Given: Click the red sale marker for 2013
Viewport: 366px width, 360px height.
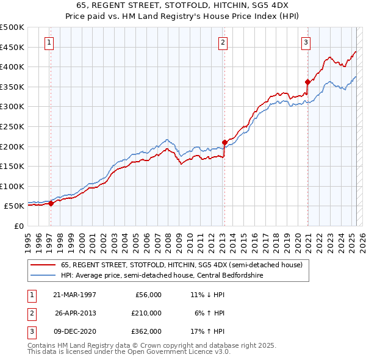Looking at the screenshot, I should click(224, 142).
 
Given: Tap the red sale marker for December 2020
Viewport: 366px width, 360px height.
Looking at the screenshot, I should click(307, 82).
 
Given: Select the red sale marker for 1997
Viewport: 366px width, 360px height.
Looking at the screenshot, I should click(51, 204).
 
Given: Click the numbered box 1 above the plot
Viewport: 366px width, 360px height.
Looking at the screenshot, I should click(48, 42).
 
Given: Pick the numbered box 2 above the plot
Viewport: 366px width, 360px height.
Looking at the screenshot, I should click(223, 42).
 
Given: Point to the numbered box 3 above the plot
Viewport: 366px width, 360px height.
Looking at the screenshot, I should click(305, 42).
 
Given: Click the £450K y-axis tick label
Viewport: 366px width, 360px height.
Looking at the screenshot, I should click(12, 47).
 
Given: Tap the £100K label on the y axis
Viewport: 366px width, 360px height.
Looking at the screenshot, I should click(12, 186).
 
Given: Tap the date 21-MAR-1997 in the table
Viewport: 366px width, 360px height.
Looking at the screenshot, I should click(75, 295).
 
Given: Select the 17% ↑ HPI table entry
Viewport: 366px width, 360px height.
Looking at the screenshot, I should click(207, 331).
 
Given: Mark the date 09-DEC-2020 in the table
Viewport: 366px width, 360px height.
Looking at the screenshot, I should click(75, 331).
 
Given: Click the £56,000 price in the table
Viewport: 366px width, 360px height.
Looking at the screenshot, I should click(147, 295).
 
